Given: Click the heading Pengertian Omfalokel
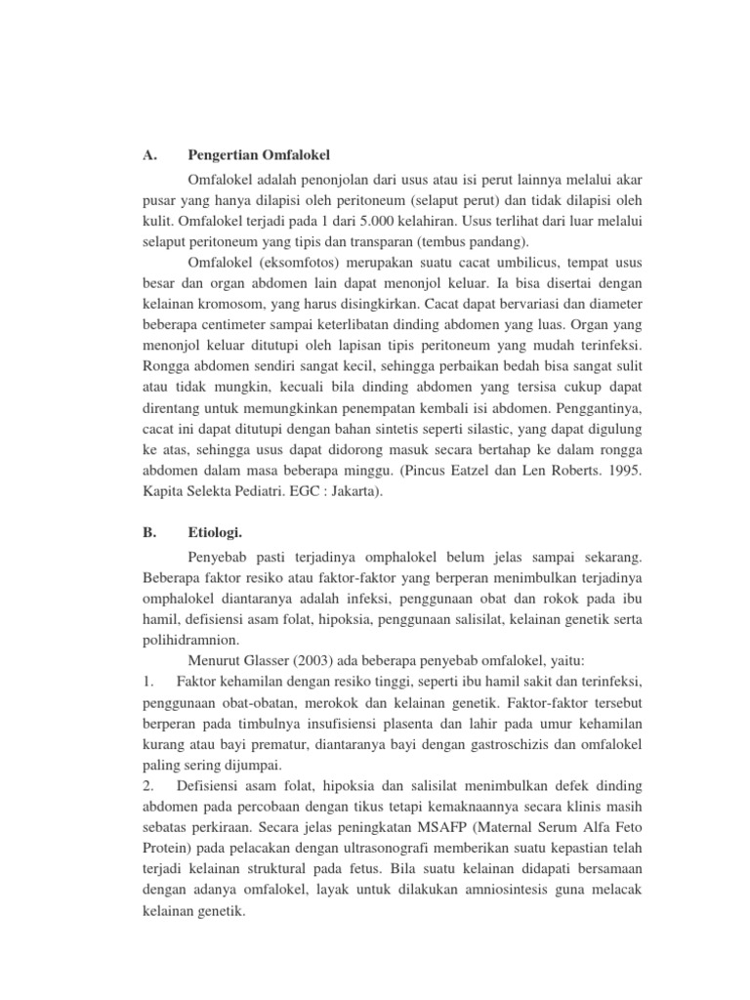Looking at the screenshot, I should click(x=259, y=154).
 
